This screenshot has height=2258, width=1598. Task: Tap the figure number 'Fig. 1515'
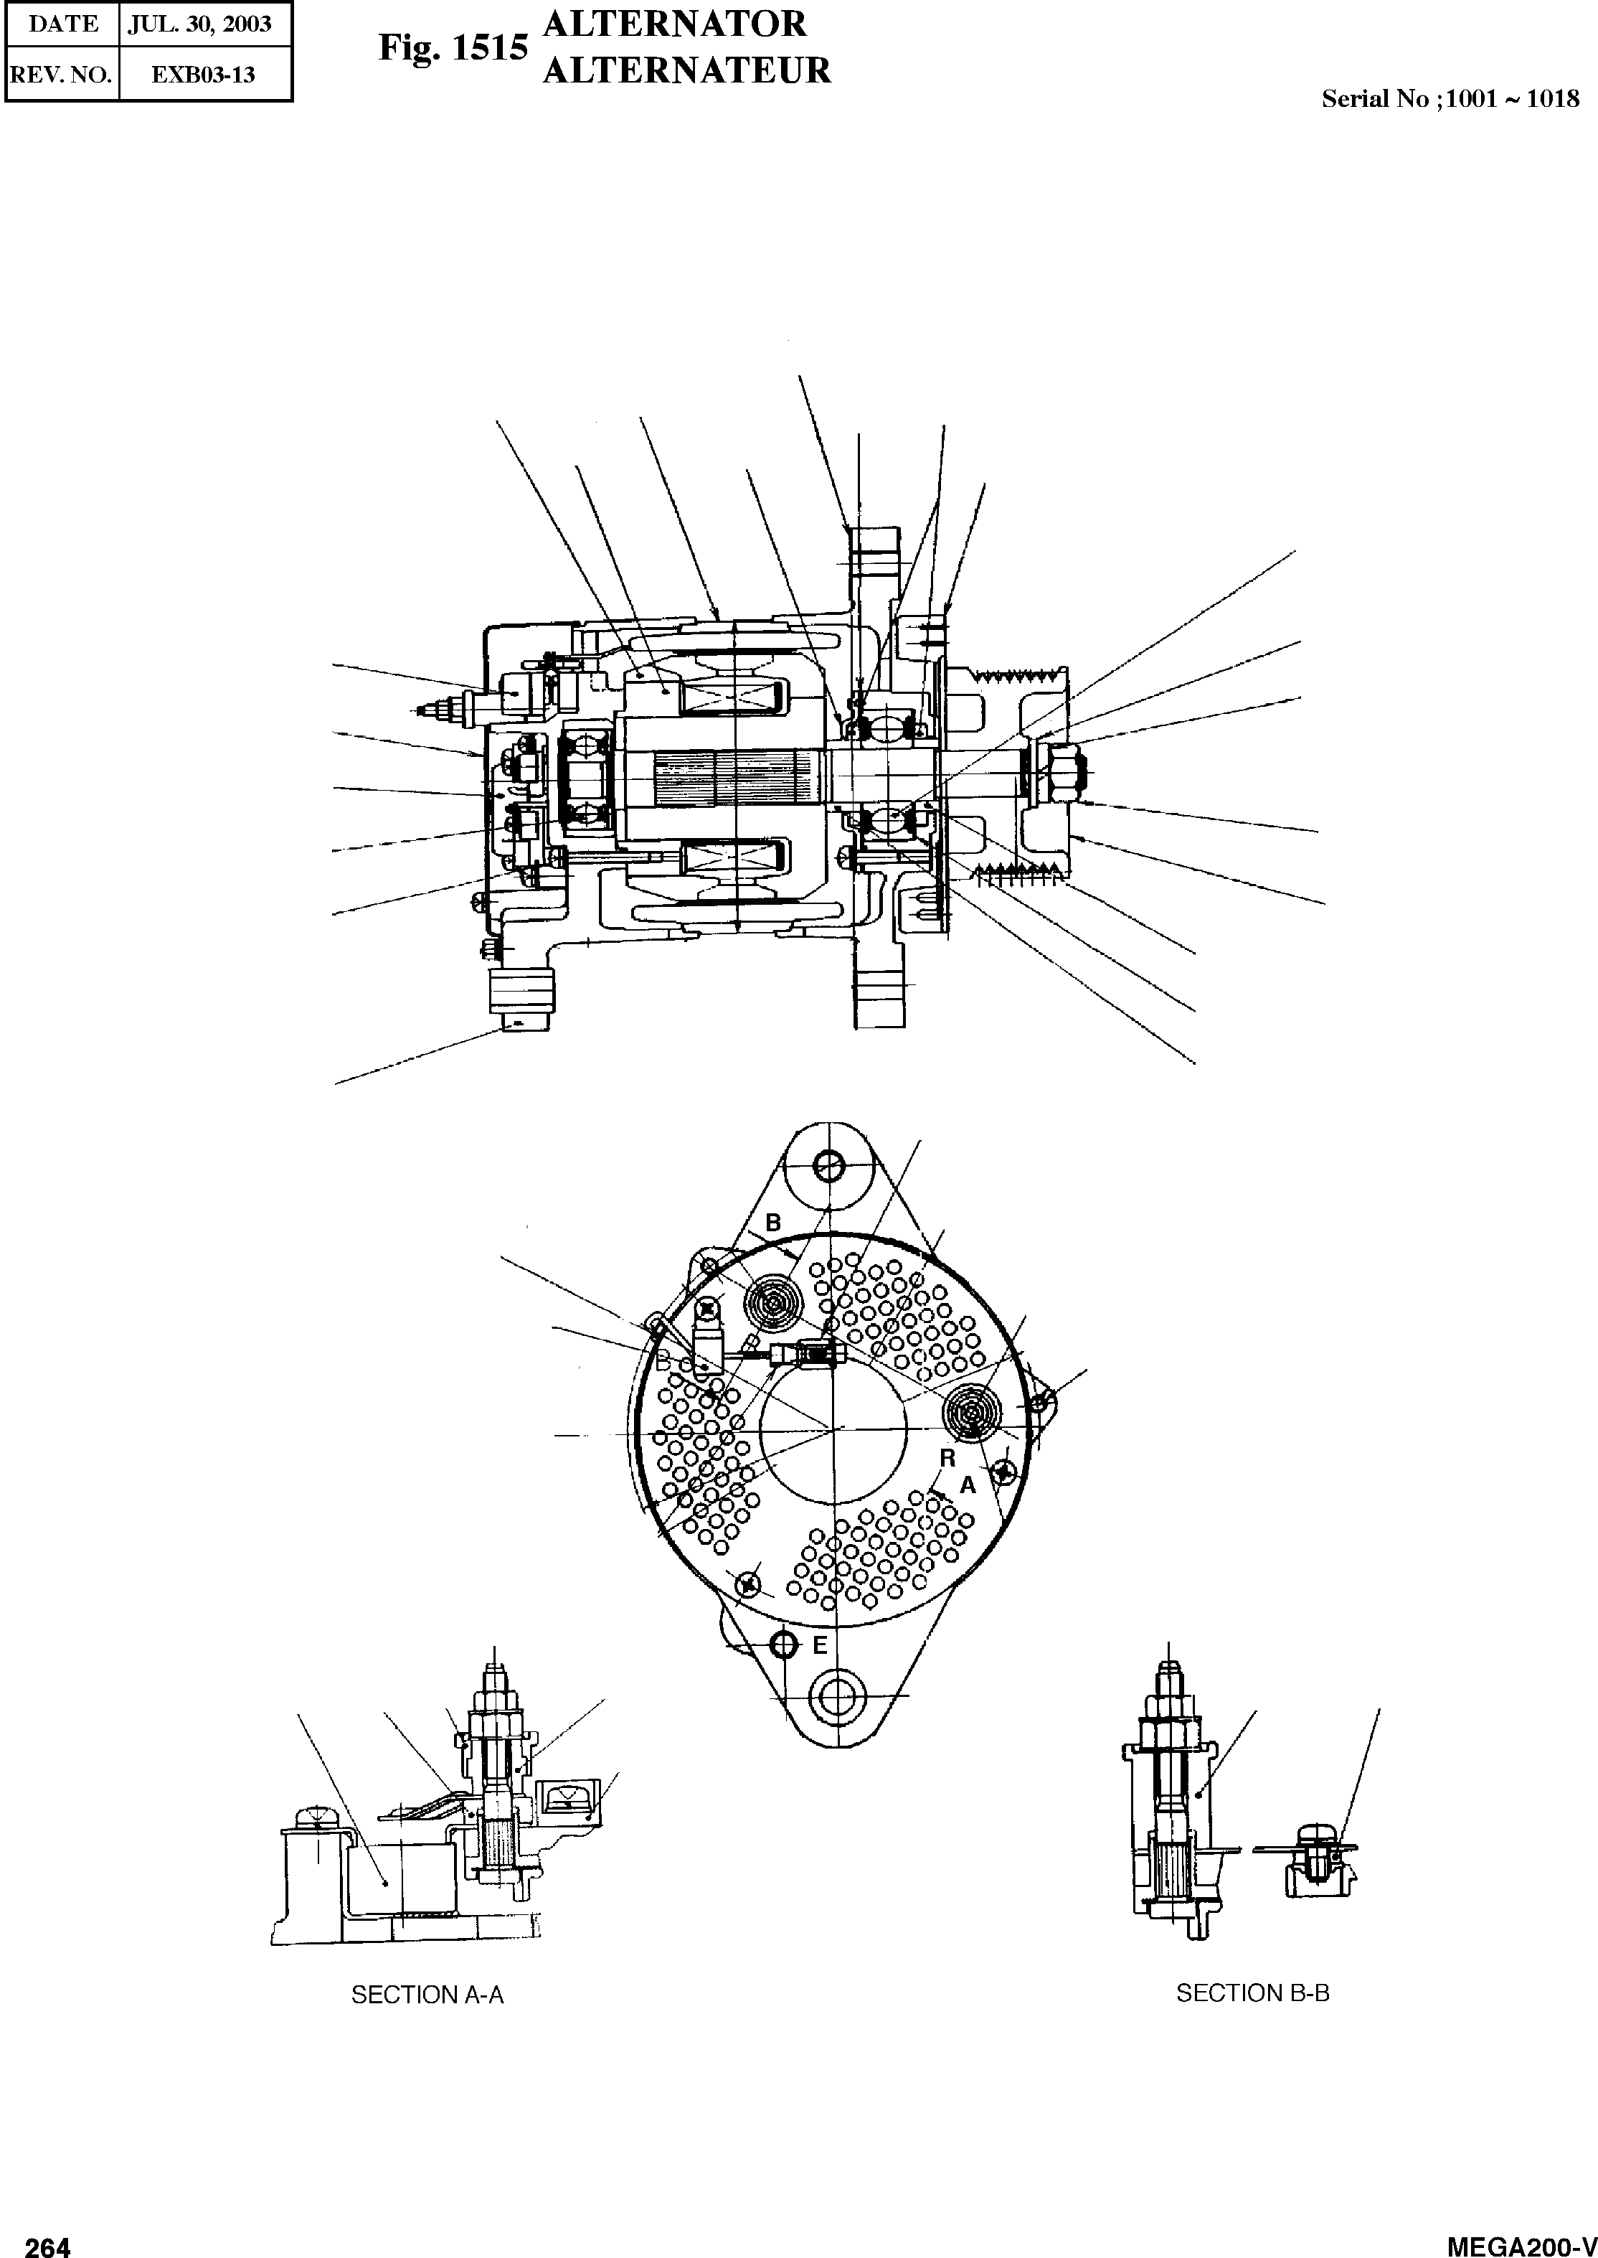point(453,48)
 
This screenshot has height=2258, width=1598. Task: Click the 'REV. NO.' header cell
point(61,75)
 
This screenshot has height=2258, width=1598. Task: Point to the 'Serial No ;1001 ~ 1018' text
point(1450,98)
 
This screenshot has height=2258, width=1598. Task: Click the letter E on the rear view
point(820,1645)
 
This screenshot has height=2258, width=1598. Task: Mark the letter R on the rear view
point(947,1458)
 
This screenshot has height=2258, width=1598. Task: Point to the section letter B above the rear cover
point(772,1223)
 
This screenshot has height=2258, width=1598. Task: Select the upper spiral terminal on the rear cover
point(775,1304)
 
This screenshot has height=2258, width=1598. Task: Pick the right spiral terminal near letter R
point(971,1414)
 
